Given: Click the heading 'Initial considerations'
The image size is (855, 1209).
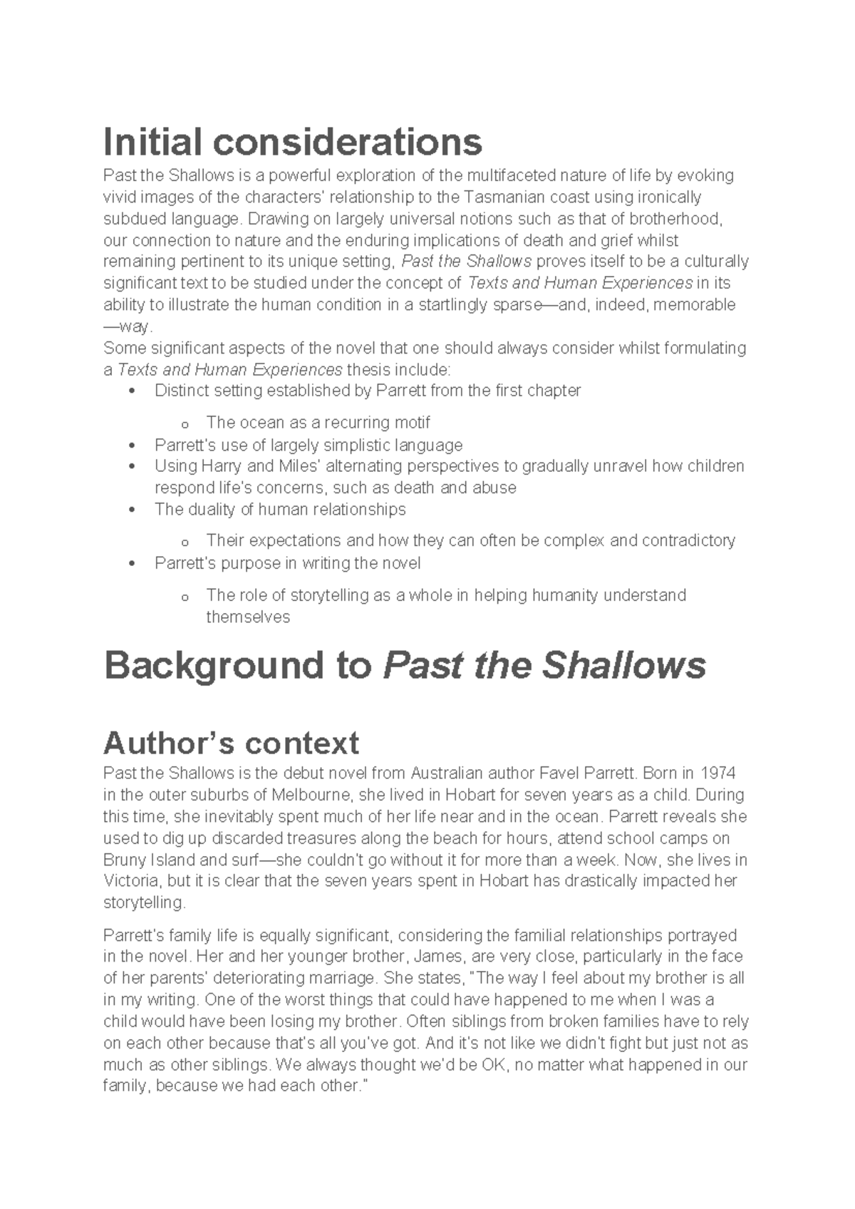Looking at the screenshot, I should (293, 142).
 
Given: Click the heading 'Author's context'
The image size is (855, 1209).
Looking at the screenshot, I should (231, 743).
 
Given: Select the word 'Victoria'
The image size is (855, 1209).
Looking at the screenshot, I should (130, 881).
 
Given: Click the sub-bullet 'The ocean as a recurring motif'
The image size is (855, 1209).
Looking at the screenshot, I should (318, 423).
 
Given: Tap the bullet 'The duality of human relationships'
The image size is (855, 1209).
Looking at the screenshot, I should (280, 510).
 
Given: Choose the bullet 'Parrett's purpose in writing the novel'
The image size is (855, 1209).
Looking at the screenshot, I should (287, 563).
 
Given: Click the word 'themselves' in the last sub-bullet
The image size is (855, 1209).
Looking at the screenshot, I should (247, 617).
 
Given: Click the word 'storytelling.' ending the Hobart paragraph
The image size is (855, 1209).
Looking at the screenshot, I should (144, 902).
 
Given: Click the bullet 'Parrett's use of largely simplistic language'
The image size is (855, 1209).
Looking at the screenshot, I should (309, 446).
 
